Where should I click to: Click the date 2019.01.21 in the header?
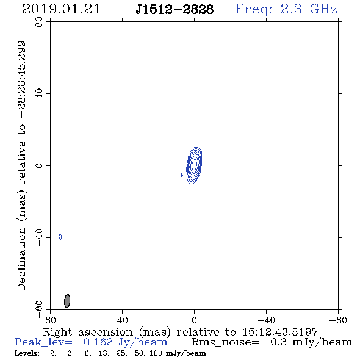pyautogui.click(x=61, y=9)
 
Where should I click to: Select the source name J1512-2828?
pyautogui.click(x=175, y=10)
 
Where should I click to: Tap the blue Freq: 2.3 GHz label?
pyautogui.click(x=286, y=10)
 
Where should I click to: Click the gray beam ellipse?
pyautogui.click(x=67, y=301)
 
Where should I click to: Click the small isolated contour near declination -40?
pyautogui.click(x=60, y=237)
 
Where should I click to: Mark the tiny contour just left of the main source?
pyautogui.click(x=182, y=175)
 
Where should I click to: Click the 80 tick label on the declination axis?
pyautogui.click(x=39, y=22)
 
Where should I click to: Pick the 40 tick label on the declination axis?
pyautogui.click(x=39, y=94)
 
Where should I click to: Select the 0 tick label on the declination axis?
pyautogui.click(x=39, y=165)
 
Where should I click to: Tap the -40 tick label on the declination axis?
pyautogui.click(x=39, y=237)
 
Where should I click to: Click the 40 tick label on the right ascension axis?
pyautogui.click(x=122, y=320)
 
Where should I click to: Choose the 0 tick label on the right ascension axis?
pyautogui.click(x=194, y=320)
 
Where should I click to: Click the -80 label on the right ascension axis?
pyautogui.click(x=338, y=320)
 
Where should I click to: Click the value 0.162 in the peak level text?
pyautogui.click(x=98, y=342)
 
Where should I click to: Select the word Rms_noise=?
pyautogui.click(x=225, y=342)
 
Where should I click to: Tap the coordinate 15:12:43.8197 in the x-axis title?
pyautogui.click(x=280, y=332)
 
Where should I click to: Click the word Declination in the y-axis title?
pyautogui.click(x=21, y=259)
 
